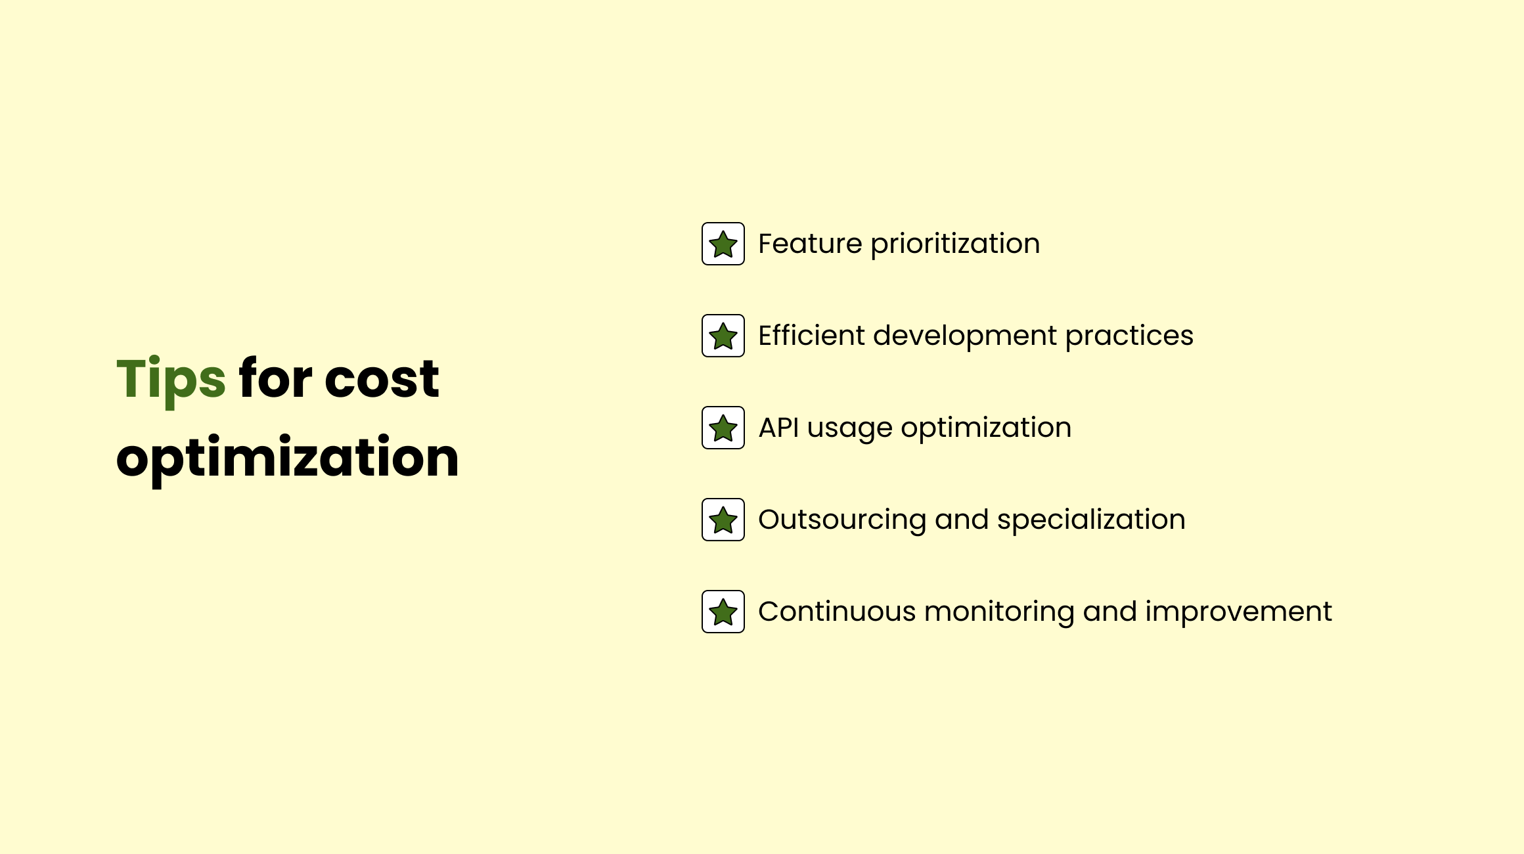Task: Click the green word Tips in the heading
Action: pyautogui.click(x=171, y=380)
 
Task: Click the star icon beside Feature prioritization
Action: pyautogui.click(x=723, y=244)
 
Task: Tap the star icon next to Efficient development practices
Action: pyautogui.click(x=723, y=336)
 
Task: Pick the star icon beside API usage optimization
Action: pyautogui.click(x=723, y=428)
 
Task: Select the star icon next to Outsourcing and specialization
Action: pyautogui.click(x=723, y=520)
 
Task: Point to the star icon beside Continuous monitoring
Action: pyautogui.click(x=723, y=612)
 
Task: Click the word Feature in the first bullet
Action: pyautogui.click(x=810, y=244)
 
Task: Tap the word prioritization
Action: pyautogui.click(x=955, y=245)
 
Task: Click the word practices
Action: pyautogui.click(x=1129, y=337)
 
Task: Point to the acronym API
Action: pyautogui.click(x=778, y=428)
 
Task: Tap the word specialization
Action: pyautogui.click(x=1091, y=521)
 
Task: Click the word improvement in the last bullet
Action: pyautogui.click(x=1239, y=613)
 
